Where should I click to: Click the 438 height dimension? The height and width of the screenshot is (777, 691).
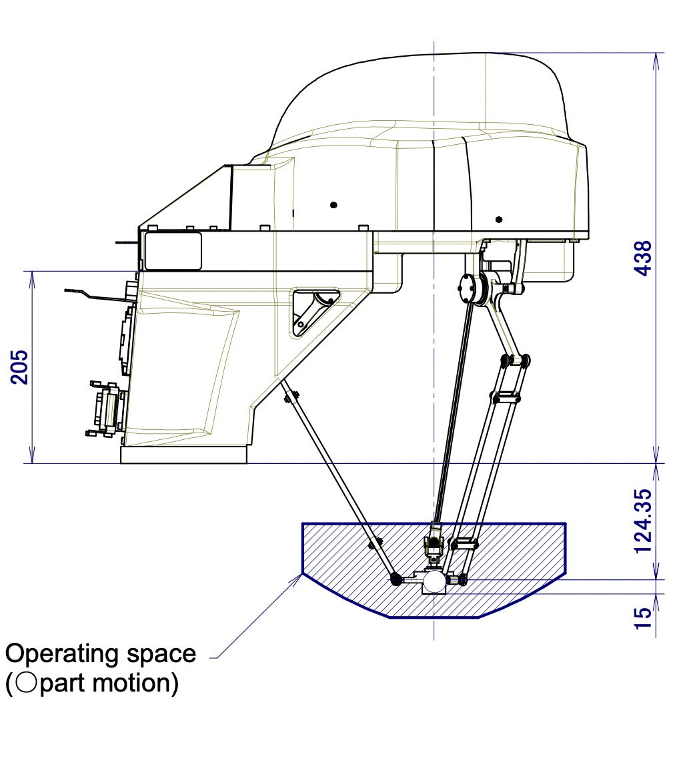point(642,258)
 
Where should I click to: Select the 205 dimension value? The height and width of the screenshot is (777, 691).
point(19,366)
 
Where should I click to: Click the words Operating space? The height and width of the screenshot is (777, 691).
point(101,653)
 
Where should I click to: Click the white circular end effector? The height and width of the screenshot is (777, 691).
point(434,581)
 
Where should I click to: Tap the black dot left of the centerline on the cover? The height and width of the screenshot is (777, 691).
point(333,204)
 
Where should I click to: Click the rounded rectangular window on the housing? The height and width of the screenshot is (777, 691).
point(173,251)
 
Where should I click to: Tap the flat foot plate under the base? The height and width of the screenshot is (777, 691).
point(183,455)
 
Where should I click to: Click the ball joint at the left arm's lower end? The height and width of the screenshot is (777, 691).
point(396,579)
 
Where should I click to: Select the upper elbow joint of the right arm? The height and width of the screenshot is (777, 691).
point(516,360)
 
